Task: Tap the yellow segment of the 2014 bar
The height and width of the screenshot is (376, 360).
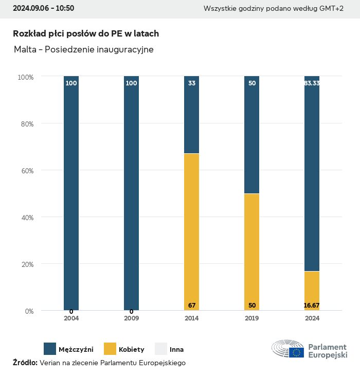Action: tap(192, 231)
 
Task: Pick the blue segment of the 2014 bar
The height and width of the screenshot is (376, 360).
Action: tap(192, 115)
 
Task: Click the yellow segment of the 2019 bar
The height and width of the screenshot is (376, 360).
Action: tap(252, 252)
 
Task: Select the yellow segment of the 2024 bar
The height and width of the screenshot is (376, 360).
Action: tap(312, 291)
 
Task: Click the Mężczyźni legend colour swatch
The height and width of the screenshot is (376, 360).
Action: tap(50, 349)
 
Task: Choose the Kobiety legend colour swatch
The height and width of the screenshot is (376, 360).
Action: tap(111, 349)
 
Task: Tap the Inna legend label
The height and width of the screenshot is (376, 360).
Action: tap(176, 350)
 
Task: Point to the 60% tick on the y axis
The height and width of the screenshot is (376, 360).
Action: tap(26, 171)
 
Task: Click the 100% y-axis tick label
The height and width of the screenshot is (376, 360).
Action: tap(25, 77)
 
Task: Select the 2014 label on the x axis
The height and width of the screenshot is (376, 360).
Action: tap(192, 318)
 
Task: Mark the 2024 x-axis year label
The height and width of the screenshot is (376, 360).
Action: tap(312, 318)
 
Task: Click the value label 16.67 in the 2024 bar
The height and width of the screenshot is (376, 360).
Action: tap(312, 306)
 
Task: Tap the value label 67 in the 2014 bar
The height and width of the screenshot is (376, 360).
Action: tap(192, 306)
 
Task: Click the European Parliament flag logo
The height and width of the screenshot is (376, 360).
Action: tap(296, 352)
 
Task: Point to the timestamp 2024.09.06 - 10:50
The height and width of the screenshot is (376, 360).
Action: tap(43, 8)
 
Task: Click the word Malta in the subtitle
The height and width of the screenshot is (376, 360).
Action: tap(25, 49)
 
